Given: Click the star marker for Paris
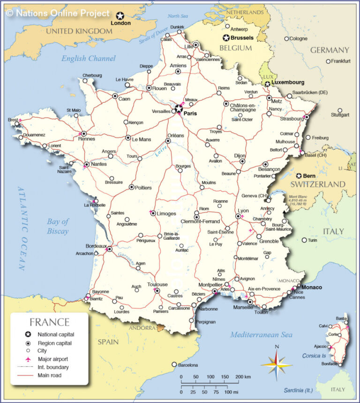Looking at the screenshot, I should (x=179, y=109).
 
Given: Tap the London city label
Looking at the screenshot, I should (x=120, y=23).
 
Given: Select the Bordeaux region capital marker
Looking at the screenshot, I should (x=109, y=249).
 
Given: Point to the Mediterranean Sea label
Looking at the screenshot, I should (x=261, y=335).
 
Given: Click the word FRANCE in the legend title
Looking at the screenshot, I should (x=49, y=322).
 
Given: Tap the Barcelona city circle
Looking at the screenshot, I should (x=174, y=365).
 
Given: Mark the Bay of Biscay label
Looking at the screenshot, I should (x=58, y=226).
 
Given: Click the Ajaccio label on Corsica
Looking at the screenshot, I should (x=320, y=347).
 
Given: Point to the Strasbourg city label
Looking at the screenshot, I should (x=292, y=119).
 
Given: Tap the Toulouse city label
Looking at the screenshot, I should (x=157, y=284).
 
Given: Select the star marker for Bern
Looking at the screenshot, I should (x=299, y=175).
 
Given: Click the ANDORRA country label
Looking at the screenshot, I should (x=142, y=327).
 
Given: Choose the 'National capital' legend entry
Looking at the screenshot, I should (x=56, y=335).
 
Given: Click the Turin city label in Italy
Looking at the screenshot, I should (x=312, y=240).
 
